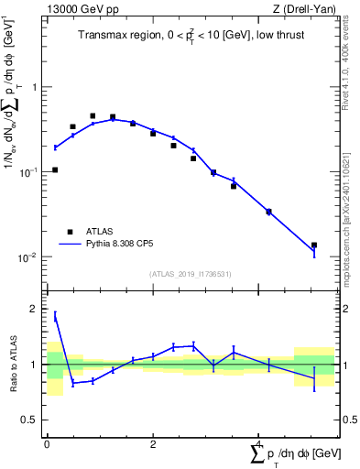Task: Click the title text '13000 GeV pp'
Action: tap(77, 9)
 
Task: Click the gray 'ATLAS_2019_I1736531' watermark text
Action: tap(191, 274)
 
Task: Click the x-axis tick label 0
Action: tap(47, 444)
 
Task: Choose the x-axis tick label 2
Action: tap(153, 444)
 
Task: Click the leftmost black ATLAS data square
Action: tap(55, 169)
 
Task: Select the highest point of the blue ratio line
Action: tap(55, 315)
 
